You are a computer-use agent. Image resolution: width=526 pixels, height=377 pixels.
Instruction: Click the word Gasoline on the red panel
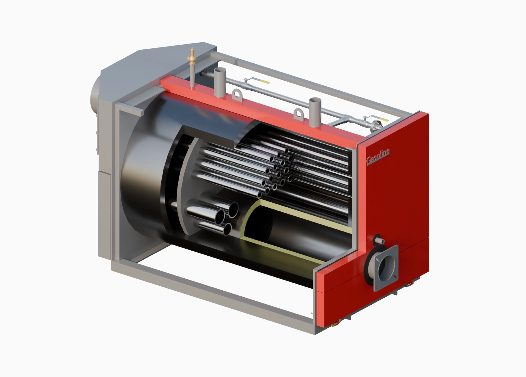[378, 157]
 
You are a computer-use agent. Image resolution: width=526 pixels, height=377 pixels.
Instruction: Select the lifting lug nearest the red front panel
[299, 115]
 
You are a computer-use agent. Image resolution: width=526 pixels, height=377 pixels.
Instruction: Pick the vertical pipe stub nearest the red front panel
[315, 112]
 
